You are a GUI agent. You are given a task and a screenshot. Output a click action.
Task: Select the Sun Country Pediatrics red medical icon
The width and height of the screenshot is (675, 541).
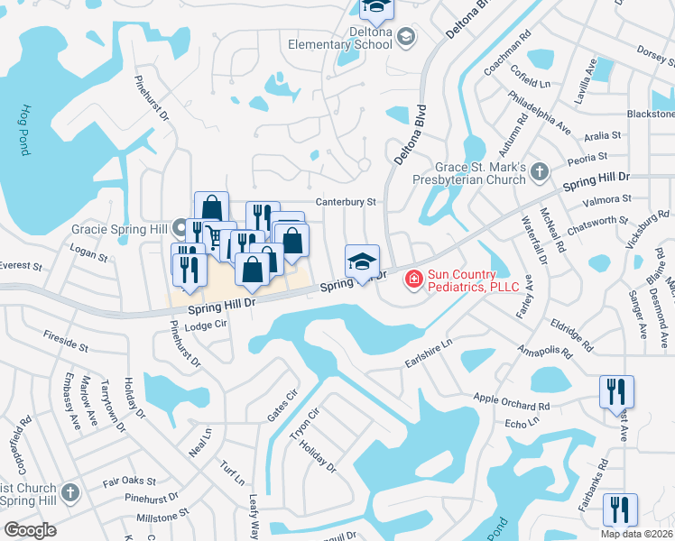tap(414, 280)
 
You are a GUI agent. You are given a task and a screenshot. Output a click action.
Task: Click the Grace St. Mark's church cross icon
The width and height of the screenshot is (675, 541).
tap(539, 170)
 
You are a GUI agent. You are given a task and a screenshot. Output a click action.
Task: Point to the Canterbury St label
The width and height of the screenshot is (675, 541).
tap(345, 203)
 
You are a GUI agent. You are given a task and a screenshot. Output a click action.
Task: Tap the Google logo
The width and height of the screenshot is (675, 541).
tap(30, 529)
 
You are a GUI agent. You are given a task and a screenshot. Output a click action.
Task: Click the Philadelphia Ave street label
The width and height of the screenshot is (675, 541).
tap(540, 112)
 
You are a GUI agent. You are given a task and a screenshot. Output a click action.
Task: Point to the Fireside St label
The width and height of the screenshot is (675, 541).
tap(66, 341)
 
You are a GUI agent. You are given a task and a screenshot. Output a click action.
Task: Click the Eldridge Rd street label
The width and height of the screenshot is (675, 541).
tap(574, 333)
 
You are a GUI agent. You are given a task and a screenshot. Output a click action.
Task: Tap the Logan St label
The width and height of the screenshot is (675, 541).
tap(88, 257)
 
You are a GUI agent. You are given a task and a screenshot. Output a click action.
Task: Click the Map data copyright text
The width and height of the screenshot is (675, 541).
tap(637, 534)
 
